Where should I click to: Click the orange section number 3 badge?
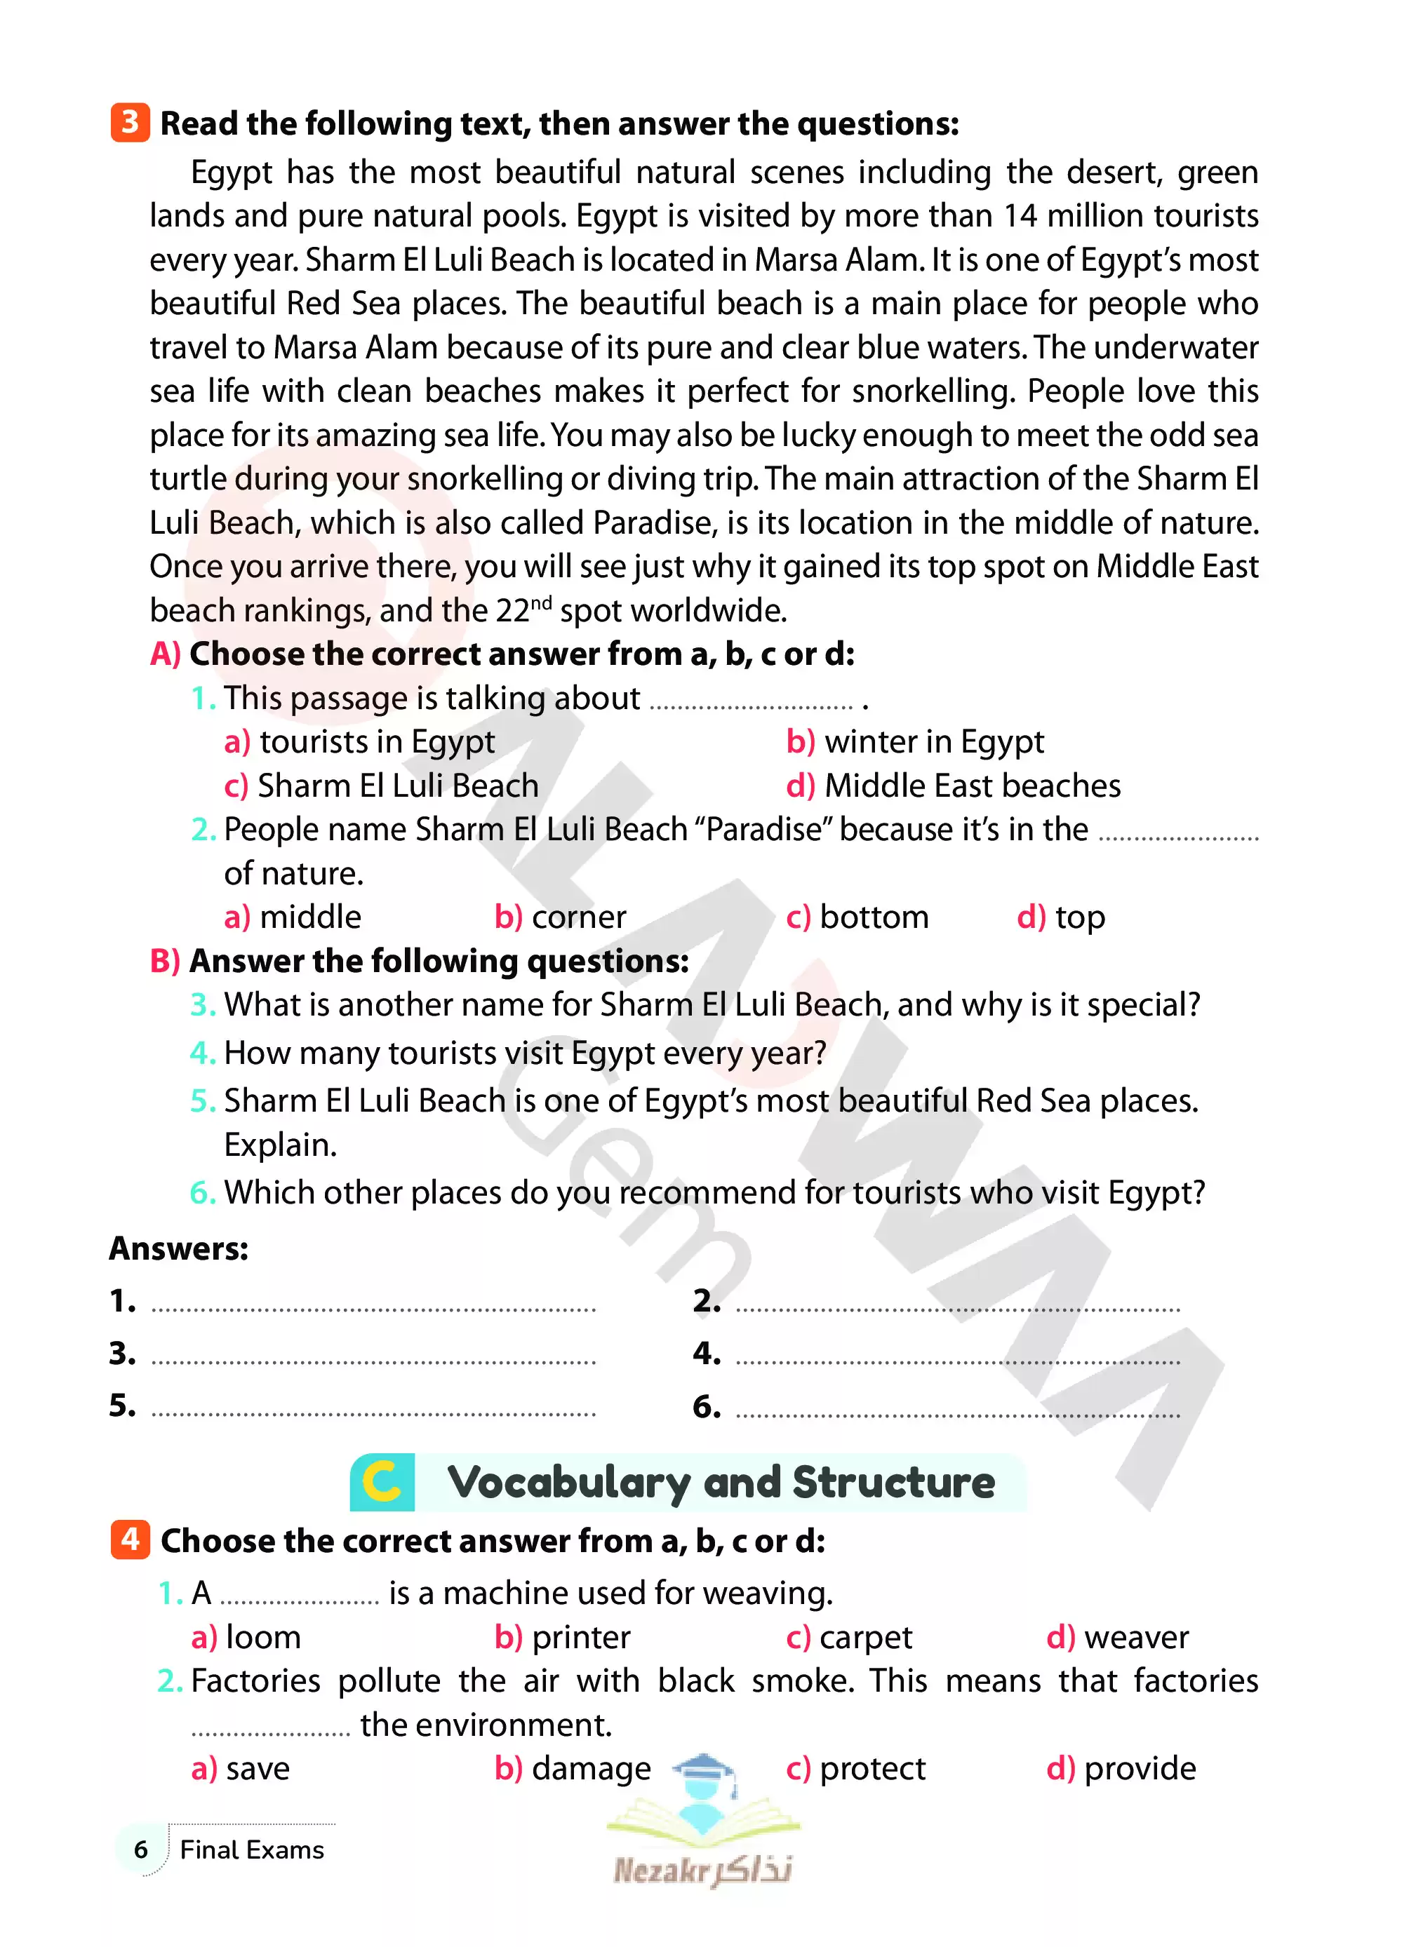click(x=130, y=123)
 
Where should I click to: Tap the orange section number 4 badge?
click(x=130, y=1540)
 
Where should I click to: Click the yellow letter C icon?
click(x=382, y=1482)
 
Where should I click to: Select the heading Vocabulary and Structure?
click(x=721, y=1483)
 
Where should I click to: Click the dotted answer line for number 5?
click(x=373, y=1411)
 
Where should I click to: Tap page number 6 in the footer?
click(x=141, y=1849)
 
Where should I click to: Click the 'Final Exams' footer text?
click(x=252, y=1849)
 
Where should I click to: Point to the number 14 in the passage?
click(x=1020, y=215)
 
